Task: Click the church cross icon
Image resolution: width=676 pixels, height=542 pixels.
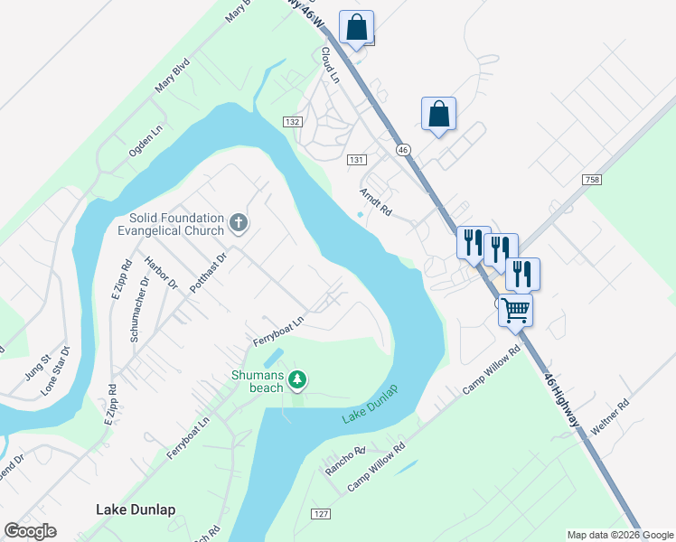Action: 239,223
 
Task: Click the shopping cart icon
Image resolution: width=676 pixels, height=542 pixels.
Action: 515,310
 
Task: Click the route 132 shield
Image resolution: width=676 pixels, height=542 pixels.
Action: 291,121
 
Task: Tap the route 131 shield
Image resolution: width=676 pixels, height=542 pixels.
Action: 356,159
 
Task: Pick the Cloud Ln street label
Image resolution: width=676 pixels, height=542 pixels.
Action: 328,66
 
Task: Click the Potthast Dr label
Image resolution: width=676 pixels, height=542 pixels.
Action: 207,273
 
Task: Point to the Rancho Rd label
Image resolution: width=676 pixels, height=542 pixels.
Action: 345,461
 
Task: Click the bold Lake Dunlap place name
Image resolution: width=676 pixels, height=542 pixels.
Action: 136,509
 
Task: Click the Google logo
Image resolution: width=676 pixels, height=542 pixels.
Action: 30,531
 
